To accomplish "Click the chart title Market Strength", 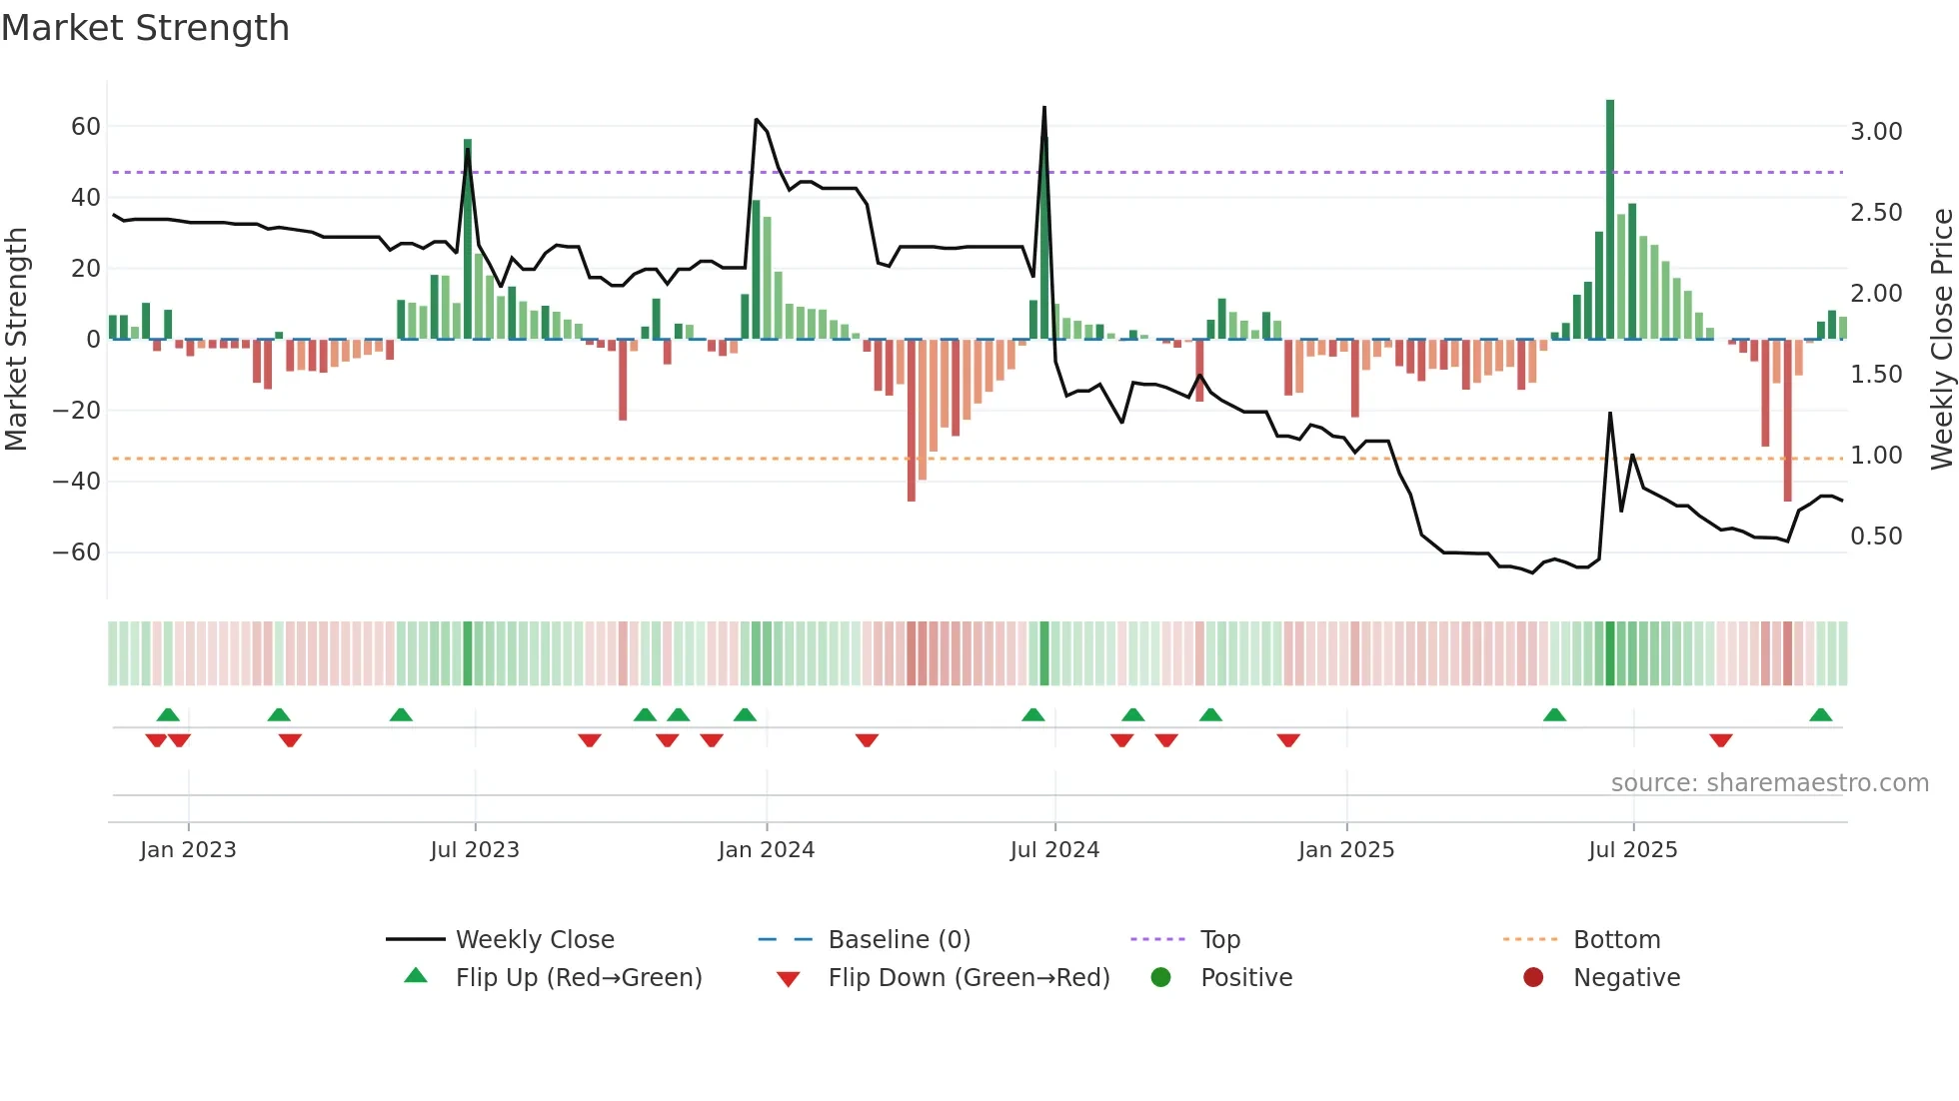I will click(x=145, y=28).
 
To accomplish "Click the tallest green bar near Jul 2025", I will click(x=1610, y=220).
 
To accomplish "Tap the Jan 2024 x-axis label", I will click(x=766, y=850).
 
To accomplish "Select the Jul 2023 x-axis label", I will click(x=475, y=850).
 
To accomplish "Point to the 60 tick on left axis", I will click(x=86, y=127).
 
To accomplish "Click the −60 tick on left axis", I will click(x=77, y=552).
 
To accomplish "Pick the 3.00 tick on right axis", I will click(x=1876, y=132).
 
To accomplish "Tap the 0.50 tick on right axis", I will click(x=1876, y=537).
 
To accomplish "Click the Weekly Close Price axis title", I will click(x=1941, y=340).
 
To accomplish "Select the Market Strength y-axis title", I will click(x=16, y=340).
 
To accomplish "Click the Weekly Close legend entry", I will click(x=535, y=940).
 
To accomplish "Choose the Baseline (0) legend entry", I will click(x=899, y=940).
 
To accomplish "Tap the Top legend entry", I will click(x=1219, y=940).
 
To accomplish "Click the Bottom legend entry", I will click(x=1616, y=940).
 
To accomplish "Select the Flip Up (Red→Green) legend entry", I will click(x=579, y=978).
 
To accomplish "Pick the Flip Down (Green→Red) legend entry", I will click(x=969, y=978).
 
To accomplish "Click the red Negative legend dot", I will click(x=1533, y=978).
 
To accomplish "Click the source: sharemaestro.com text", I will click(x=1769, y=783).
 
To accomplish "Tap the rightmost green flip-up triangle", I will click(x=1820, y=715).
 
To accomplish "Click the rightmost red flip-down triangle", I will click(x=1720, y=740).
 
